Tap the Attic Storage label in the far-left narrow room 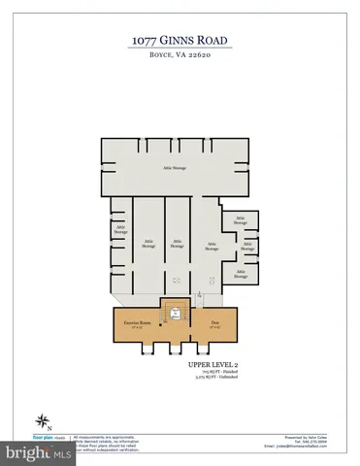[x=120, y=230]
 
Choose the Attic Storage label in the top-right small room [x=240, y=220]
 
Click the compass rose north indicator [x=44, y=420]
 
